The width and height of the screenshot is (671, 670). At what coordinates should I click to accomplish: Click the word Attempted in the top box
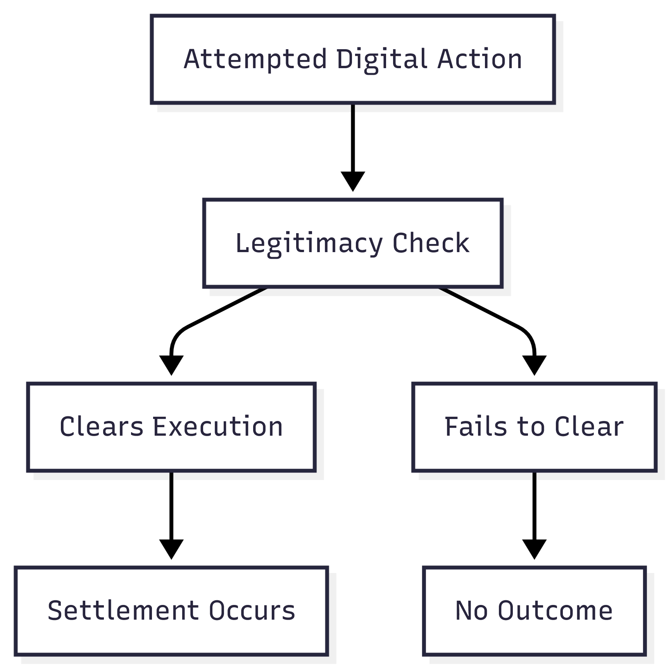pos(255,59)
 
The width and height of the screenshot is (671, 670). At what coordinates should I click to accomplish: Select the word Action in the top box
pos(480,59)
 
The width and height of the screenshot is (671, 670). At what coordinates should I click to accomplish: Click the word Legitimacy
pos(309,243)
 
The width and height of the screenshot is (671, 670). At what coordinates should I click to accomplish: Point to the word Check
pos(431,243)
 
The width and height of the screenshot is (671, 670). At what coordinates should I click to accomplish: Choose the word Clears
pos(101,427)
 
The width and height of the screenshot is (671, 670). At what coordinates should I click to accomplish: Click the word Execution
pos(218,427)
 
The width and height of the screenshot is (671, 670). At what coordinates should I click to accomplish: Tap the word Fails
pos(476,427)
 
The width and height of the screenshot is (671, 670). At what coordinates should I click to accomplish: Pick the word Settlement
pos(123,611)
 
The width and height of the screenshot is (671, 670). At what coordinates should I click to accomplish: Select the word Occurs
pos(252,611)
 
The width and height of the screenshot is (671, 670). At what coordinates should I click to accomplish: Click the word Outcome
pos(555,611)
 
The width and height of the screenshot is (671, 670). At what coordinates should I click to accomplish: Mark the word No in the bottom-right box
pos(471,611)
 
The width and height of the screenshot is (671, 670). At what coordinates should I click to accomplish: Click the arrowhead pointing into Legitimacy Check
pos(353,181)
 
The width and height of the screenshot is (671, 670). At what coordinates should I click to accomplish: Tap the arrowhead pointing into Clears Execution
pos(171,365)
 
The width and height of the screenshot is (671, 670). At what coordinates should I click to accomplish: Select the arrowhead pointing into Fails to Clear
pos(534,365)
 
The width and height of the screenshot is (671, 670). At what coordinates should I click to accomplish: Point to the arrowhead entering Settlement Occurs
pos(171,549)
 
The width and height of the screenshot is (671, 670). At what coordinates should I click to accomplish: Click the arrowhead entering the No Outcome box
pos(534,549)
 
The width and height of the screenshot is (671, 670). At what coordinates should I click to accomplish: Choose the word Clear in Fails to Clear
pos(589,427)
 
